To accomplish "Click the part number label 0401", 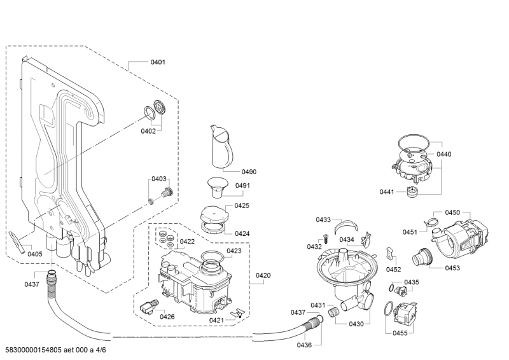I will click(158, 62).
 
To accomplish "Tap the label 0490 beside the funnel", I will click(249, 172).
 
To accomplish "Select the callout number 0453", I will click(452, 268).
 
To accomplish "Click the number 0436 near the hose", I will click(304, 345).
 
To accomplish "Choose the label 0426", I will click(167, 316).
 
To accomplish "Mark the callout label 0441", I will click(387, 191).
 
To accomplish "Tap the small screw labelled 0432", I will click(323, 239).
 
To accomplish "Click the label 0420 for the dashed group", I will click(263, 275).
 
